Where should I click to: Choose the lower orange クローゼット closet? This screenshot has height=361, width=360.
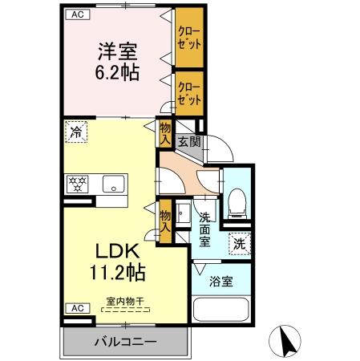[188, 92]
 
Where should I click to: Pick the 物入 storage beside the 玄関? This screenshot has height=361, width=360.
[165, 133]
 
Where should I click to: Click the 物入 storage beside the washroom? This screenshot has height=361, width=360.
[165, 221]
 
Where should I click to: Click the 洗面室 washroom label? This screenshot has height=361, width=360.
[205, 229]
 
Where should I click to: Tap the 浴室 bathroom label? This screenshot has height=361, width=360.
[221, 282]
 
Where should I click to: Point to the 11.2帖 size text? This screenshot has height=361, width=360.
[118, 273]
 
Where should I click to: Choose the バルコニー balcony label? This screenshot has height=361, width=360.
[125, 342]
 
